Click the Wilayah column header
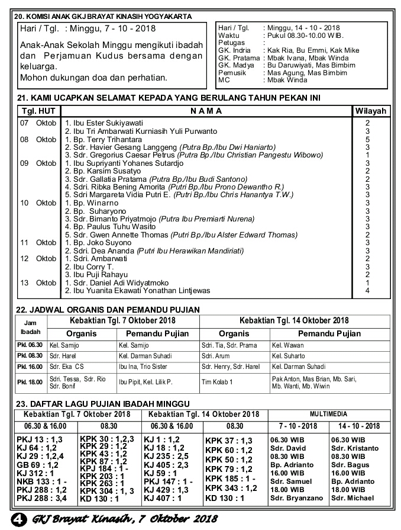[371, 111]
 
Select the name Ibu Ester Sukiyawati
[98, 123]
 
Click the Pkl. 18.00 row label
[30, 382]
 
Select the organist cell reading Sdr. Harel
[63, 356]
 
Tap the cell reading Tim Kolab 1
[217, 382]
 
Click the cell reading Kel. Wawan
[288, 345]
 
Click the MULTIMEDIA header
[328, 414]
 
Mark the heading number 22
[22, 309]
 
